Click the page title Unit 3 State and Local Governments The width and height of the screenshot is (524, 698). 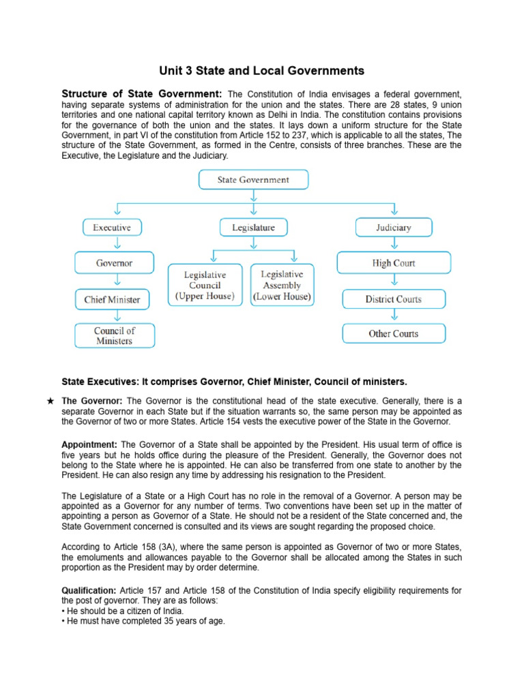(262, 71)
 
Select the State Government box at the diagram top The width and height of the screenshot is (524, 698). (253, 180)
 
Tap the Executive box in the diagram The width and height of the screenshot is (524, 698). (112, 227)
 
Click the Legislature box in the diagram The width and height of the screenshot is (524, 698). (253, 227)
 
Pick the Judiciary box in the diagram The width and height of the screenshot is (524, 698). (394, 227)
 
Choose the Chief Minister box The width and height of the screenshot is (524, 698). (113, 299)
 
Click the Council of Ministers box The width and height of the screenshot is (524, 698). (114, 335)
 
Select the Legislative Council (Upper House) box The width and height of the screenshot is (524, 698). (205, 285)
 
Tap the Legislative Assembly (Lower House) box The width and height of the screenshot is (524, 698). (282, 285)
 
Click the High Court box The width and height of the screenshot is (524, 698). (394, 262)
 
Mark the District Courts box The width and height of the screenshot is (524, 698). (393, 299)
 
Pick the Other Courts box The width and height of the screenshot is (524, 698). (394, 333)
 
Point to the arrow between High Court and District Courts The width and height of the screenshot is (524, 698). (394, 281)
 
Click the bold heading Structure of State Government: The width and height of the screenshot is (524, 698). (142, 93)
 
